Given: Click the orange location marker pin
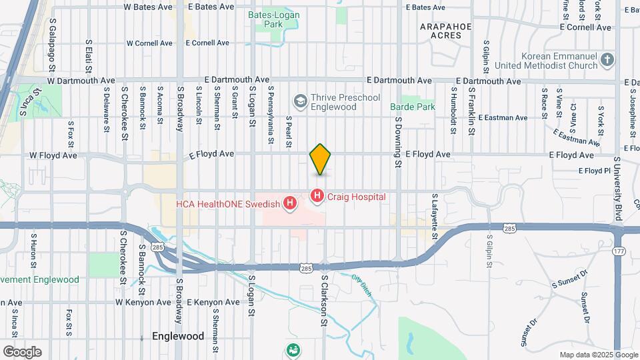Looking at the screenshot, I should coord(321,159).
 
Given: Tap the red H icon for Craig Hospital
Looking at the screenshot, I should coord(317,196).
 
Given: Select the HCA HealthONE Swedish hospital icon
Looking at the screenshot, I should coord(290,203).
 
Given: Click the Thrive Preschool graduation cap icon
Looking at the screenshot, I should coord(300,101).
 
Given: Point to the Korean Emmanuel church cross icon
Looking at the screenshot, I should coord(607,61).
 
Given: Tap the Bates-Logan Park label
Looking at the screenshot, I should coord(273,19).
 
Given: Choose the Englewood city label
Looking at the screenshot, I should coord(178,336).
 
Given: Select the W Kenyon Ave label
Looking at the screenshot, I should coord(144,302).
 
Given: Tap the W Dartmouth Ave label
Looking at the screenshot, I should coord(81,81).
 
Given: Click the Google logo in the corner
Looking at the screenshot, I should coord(22,351).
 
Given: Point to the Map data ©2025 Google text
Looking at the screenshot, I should coord(597,355).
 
